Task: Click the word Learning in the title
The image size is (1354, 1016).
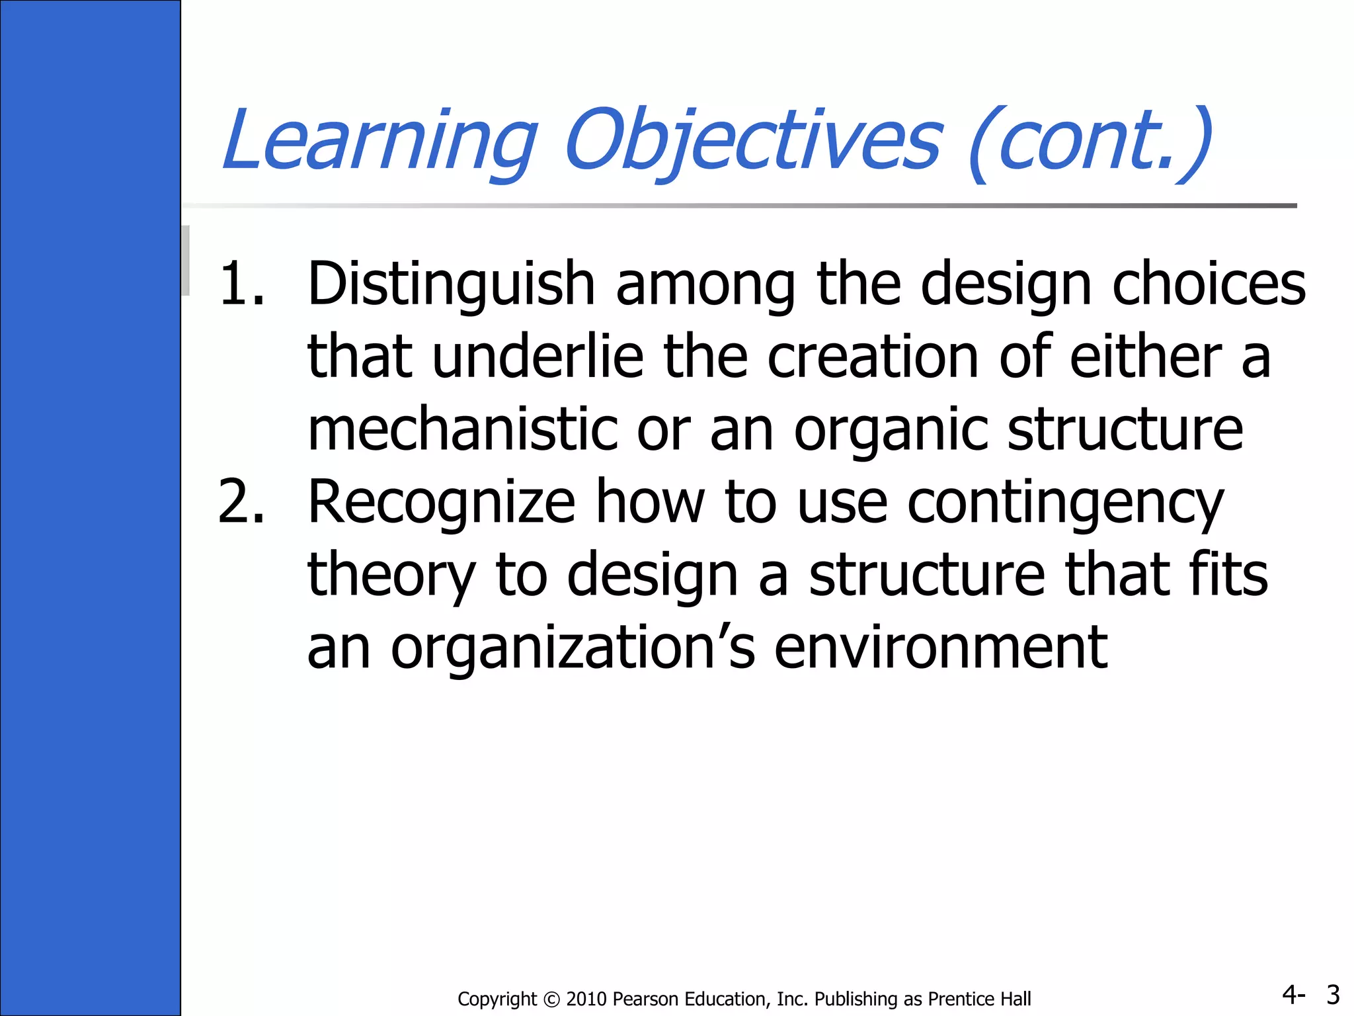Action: [x=379, y=140]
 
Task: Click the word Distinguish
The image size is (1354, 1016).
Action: [x=452, y=284]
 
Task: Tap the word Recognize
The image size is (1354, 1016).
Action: [x=442, y=503]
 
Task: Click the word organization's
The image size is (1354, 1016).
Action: [x=573, y=648]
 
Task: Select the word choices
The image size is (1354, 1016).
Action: [x=1209, y=284]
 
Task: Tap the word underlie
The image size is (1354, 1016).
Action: [x=538, y=357]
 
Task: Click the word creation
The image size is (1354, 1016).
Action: [x=873, y=357]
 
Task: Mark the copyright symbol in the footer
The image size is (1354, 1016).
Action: [x=551, y=999]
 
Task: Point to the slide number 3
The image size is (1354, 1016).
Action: [x=1333, y=995]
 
